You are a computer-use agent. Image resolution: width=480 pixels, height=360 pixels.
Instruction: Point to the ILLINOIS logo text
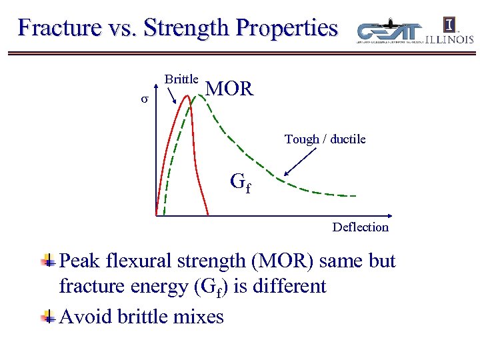(x=449, y=39)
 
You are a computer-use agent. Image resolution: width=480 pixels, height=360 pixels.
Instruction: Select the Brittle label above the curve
(x=181, y=79)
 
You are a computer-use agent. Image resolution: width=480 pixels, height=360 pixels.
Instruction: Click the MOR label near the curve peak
(x=229, y=89)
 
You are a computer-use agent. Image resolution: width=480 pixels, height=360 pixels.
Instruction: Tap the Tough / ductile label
(x=325, y=139)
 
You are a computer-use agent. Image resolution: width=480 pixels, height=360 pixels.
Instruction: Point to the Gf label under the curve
(x=241, y=181)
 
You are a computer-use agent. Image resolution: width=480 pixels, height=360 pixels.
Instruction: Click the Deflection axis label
(x=360, y=227)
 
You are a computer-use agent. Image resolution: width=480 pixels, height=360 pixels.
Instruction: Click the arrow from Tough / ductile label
(x=301, y=163)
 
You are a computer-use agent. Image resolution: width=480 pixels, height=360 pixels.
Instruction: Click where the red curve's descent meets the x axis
(x=208, y=215)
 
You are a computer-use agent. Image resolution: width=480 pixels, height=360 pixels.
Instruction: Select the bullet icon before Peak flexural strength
(x=48, y=261)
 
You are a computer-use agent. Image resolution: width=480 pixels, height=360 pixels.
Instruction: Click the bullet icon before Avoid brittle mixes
(x=48, y=315)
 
